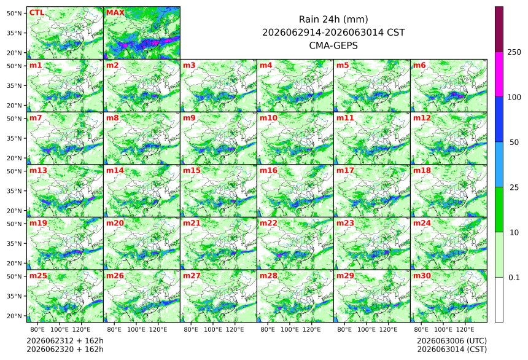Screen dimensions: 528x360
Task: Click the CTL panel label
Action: pyautogui.click(x=37, y=13)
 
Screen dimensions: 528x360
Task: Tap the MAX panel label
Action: pyautogui.click(x=115, y=13)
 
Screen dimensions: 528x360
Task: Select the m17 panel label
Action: pyautogui.click(x=345, y=171)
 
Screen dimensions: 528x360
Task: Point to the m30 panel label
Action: pyautogui.click(x=422, y=276)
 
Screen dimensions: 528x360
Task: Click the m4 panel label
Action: pyautogui.click(x=266, y=65)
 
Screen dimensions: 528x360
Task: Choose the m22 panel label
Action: pyautogui.click(x=268, y=223)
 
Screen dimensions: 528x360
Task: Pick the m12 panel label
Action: pyautogui.click(x=422, y=118)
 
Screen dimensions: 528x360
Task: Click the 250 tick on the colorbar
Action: pyautogui.click(x=514, y=52)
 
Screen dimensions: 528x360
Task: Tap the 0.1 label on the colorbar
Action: pyautogui.click(x=514, y=278)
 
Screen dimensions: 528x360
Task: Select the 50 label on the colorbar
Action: pyautogui.click(x=514, y=143)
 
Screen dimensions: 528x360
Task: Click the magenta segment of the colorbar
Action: pyautogui.click(x=499, y=74)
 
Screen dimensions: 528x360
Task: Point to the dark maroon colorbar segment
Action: pyautogui.click(x=499, y=29)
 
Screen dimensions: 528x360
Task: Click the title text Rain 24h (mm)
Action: pyautogui.click(x=333, y=20)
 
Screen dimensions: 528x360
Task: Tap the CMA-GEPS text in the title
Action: pyautogui.click(x=333, y=45)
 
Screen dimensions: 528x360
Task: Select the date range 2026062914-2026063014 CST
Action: pyautogui.click(x=333, y=33)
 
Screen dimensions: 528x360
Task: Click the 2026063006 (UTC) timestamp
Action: pyautogui.click(x=452, y=341)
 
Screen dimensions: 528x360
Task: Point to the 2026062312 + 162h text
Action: pyautogui.click(x=65, y=341)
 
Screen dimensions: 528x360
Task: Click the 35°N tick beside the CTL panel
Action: pyautogui.click(x=14, y=33)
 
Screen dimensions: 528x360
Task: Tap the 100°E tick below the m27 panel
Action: pyautogui.click(x=213, y=329)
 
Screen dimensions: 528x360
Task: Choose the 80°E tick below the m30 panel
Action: pyautogui.click(x=421, y=329)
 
